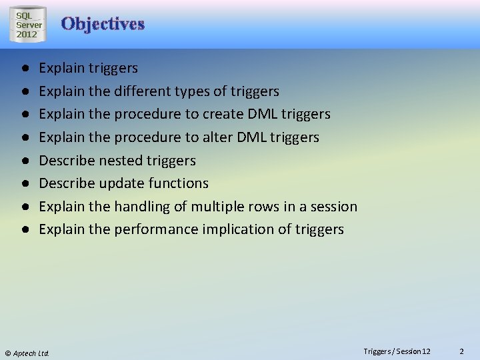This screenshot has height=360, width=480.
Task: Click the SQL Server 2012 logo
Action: tap(27, 25)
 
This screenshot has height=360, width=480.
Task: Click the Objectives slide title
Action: tap(103, 24)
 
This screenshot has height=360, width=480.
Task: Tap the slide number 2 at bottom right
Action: tap(461, 351)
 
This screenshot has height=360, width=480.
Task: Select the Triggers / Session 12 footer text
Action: tap(397, 351)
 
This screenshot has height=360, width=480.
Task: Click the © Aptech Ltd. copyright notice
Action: tap(27, 353)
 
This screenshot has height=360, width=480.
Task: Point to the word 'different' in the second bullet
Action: tap(143, 91)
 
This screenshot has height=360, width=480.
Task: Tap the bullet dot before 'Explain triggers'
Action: tap(24, 68)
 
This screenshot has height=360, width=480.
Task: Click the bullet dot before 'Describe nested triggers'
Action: tap(24, 161)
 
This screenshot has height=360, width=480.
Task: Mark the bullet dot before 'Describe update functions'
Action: tap(24, 183)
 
